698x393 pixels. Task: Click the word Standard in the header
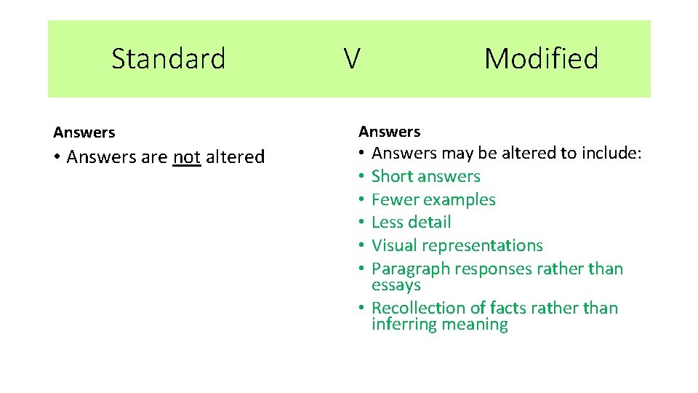click(169, 58)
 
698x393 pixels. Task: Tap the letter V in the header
click(351, 58)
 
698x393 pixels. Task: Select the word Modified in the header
click(541, 58)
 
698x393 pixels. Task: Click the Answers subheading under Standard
click(84, 132)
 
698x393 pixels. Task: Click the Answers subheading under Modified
click(390, 132)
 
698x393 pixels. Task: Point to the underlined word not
click(186, 157)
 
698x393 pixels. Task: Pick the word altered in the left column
click(235, 157)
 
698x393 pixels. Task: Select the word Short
click(390, 176)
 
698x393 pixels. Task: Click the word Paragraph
click(411, 269)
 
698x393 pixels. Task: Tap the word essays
click(396, 285)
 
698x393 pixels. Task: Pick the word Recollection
click(417, 308)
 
